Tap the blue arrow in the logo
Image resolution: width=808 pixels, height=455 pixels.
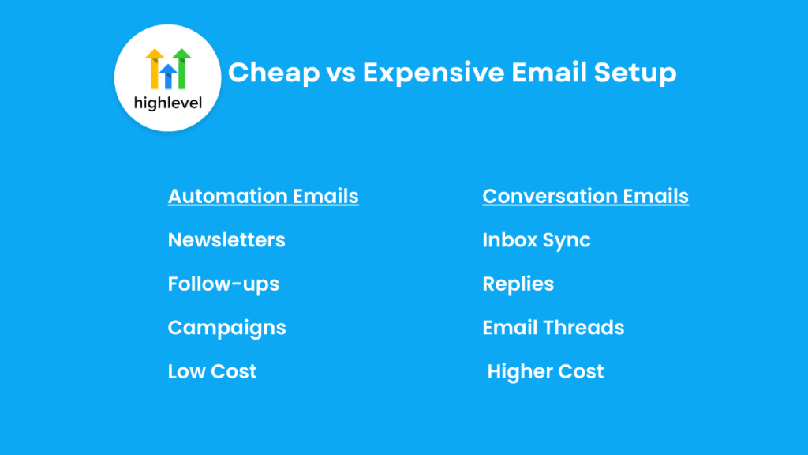[168, 76]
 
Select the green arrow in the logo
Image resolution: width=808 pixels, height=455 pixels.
[182, 68]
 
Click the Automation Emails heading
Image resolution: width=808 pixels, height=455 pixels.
[263, 196]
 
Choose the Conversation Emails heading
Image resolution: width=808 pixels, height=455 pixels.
[585, 196]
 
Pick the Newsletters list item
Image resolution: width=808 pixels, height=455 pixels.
[226, 240]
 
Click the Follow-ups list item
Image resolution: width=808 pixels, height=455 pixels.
[223, 284]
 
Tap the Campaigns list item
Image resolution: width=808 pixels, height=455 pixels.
[226, 328]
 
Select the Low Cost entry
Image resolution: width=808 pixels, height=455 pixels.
[212, 371]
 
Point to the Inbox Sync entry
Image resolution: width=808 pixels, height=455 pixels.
[537, 240]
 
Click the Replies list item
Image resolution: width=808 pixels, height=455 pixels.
[518, 284]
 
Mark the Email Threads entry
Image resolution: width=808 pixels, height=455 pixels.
[553, 328]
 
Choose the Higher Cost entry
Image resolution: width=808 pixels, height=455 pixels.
[545, 371]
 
